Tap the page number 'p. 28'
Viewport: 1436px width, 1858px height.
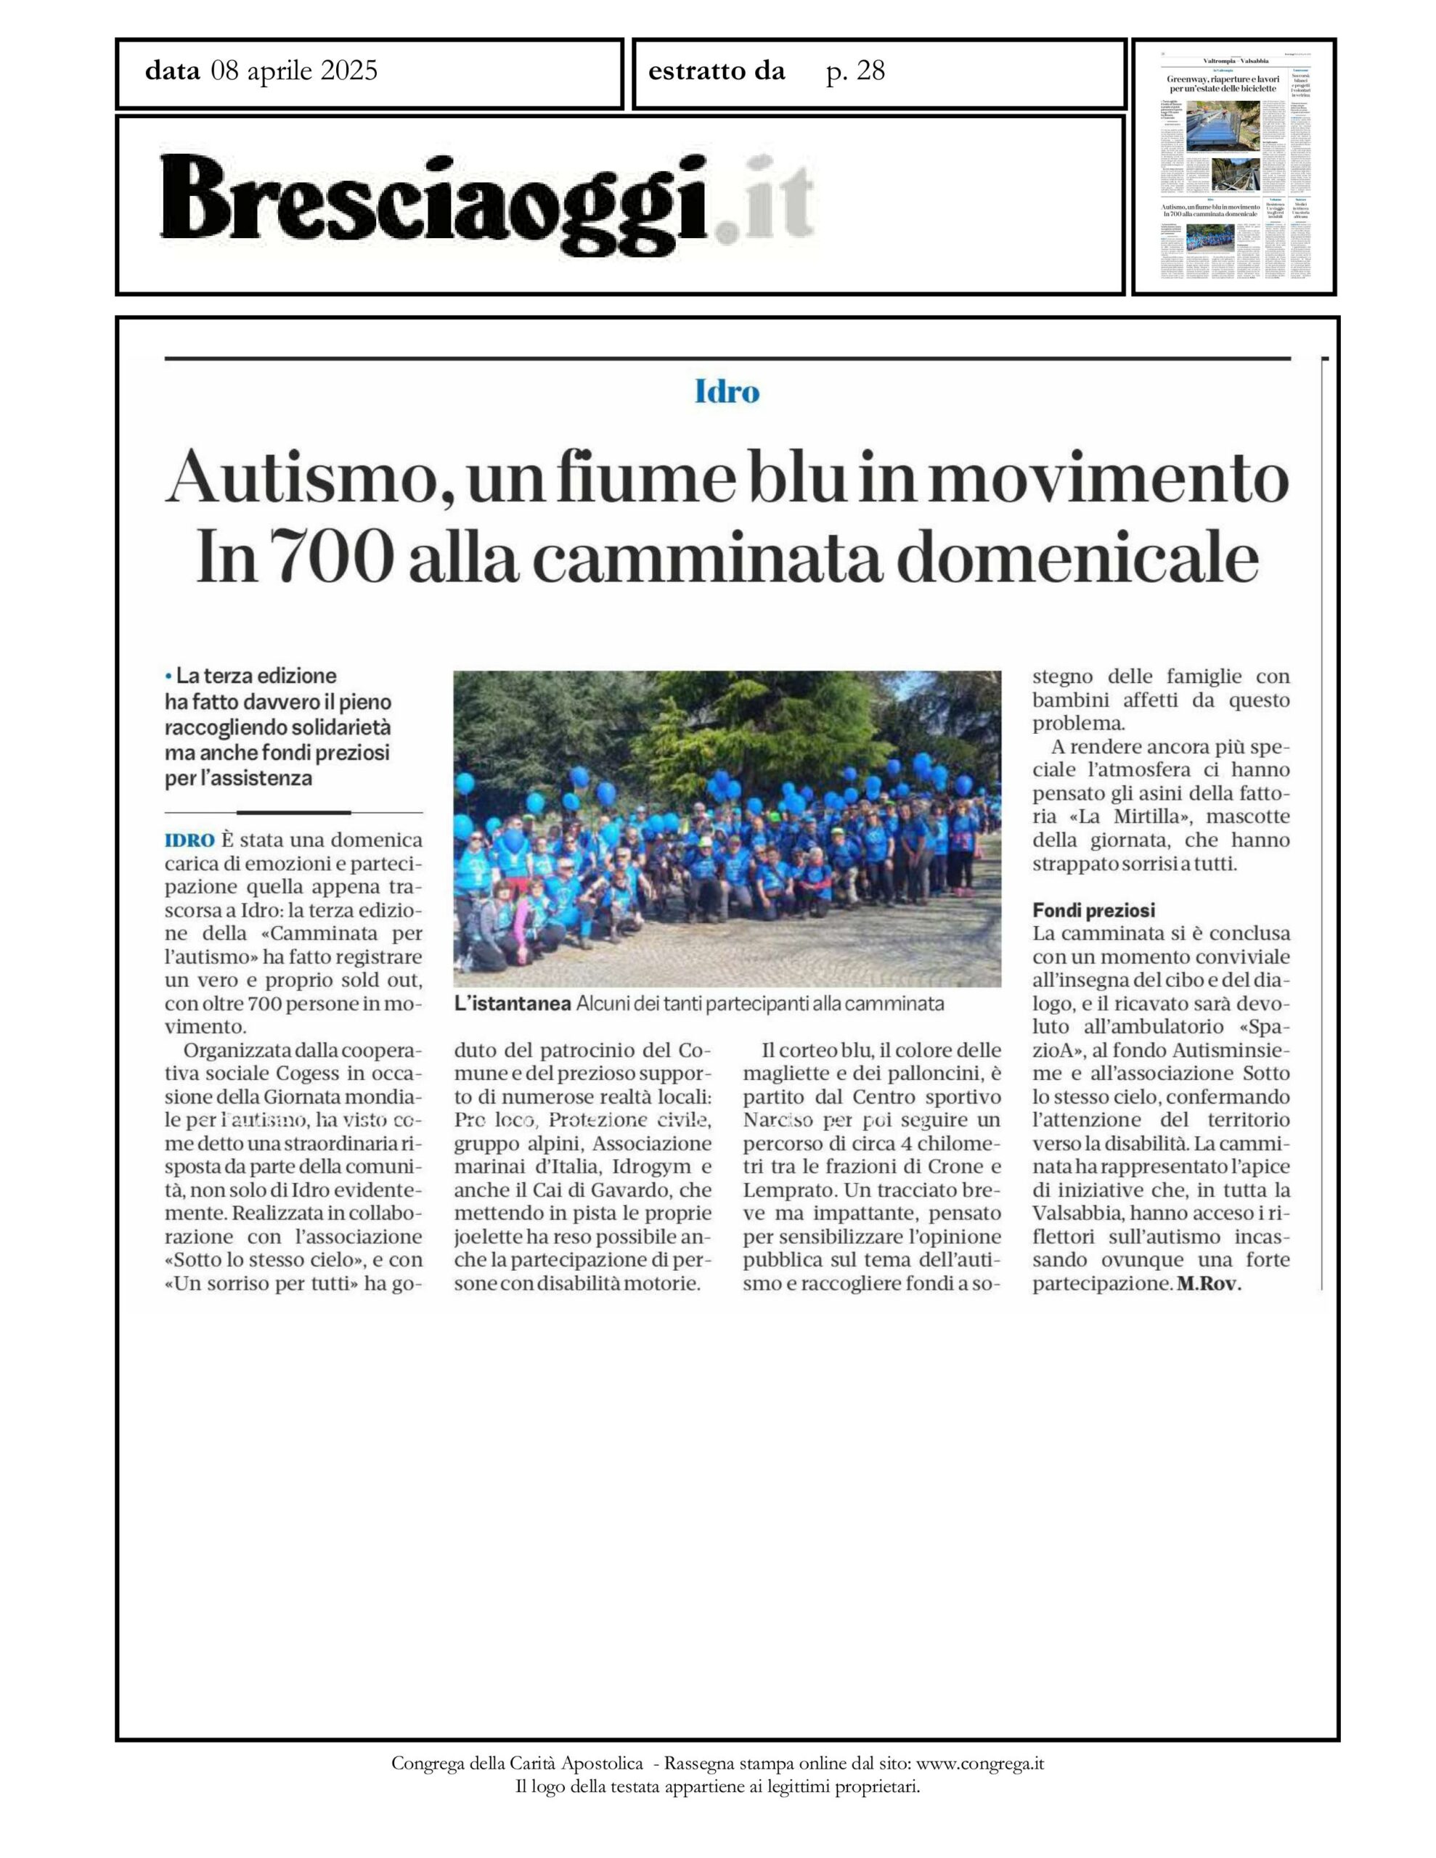[x=855, y=71]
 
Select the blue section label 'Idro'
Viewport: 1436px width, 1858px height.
[x=726, y=392]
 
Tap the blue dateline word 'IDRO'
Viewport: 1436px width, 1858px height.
[x=189, y=840]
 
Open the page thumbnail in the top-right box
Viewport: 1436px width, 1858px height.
[x=1233, y=167]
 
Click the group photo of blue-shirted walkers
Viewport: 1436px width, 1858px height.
[x=726, y=829]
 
